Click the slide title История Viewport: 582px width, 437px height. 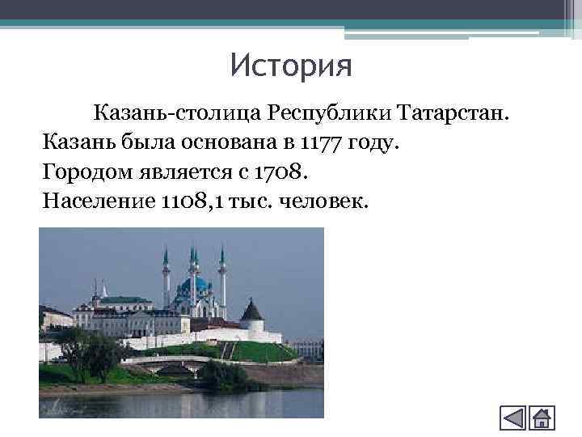click(x=291, y=66)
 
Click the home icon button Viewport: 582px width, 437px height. click(x=541, y=418)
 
